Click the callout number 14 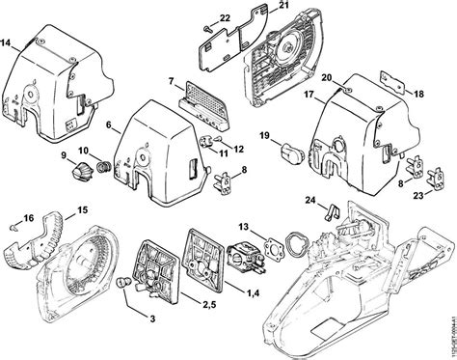tap(8, 44)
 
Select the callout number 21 tap(283, 8)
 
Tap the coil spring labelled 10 tap(103, 156)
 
